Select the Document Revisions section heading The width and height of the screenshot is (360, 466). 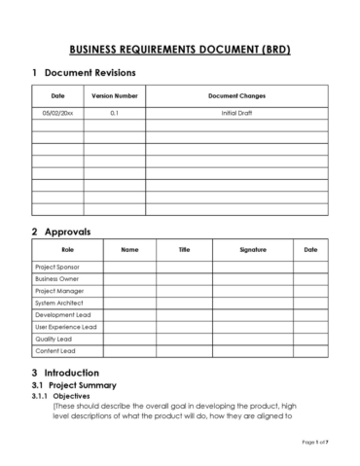tap(90, 73)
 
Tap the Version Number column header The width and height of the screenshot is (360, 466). tap(114, 96)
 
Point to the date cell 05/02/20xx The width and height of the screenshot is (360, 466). tap(57, 114)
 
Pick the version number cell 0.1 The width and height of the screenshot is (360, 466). tap(114, 114)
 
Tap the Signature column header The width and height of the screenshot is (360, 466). tap(252, 250)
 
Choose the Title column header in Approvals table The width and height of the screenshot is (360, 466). tap(184, 250)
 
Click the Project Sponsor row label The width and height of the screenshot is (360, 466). tap(57, 267)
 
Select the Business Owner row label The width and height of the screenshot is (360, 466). tap(57, 278)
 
